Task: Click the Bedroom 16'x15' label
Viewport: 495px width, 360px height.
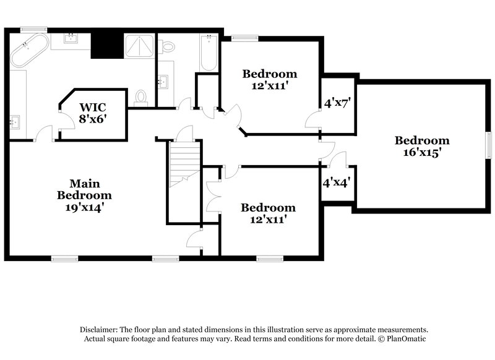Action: click(x=422, y=146)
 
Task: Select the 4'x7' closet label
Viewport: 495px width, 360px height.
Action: click(x=338, y=103)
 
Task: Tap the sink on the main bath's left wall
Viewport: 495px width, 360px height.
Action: click(x=15, y=122)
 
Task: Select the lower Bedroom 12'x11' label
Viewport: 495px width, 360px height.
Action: click(x=268, y=213)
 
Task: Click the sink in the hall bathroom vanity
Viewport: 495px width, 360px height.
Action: click(x=163, y=82)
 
